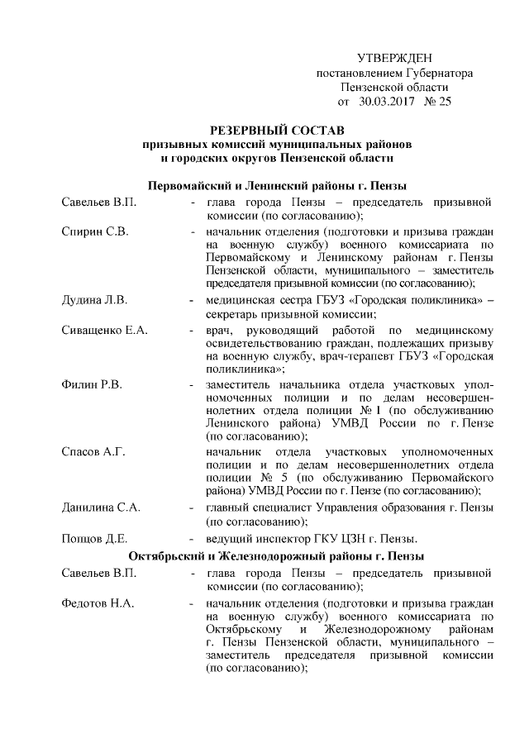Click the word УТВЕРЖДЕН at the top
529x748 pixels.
tap(395, 58)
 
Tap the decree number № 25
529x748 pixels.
tap(437, 102)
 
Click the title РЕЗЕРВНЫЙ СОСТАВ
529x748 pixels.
tap(277, 131)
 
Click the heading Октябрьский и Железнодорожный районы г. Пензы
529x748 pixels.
tap(277, 556)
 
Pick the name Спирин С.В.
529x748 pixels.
tap(95, 230)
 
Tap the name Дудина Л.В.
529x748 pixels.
tap(94, 299)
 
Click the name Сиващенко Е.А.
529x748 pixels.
tap(104, 331)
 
